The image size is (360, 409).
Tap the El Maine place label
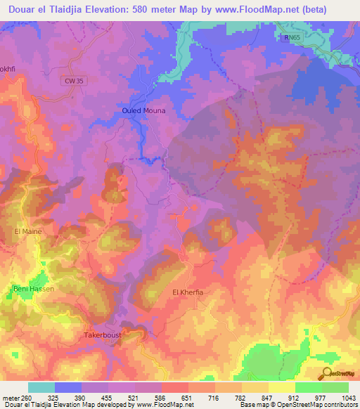pos(28,231)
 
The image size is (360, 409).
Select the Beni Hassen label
pos(34,289)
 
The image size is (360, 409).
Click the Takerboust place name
pos(103,335)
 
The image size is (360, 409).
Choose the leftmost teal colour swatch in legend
pos(41,387)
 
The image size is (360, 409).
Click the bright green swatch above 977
pos(309,387)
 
